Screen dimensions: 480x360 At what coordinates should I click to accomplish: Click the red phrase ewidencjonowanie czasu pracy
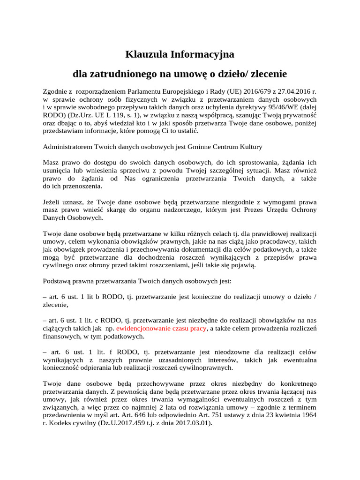pos(161,329)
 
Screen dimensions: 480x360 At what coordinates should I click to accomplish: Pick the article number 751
pos(247,414)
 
